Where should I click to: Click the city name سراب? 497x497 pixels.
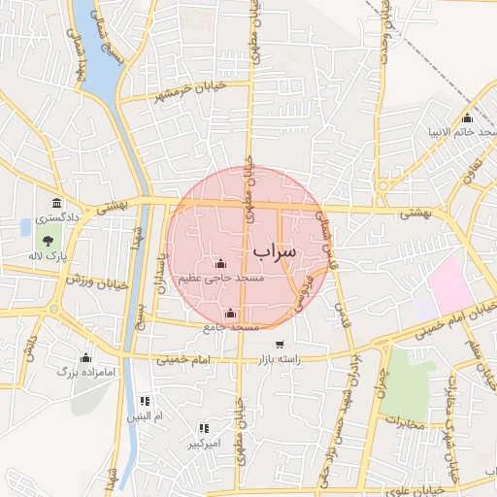(275, 250)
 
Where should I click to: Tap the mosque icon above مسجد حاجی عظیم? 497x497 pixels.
(220, 263)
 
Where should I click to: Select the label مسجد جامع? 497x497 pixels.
(230, 327)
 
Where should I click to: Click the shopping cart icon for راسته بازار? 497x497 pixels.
(281, 345)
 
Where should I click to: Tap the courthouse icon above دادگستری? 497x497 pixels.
(57, 204)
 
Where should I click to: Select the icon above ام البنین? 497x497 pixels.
(145, 401)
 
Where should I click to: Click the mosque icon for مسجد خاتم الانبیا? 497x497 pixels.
(467, 117)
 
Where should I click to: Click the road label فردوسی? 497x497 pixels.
(305, 290)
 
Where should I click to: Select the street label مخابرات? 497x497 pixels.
(404, 421)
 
